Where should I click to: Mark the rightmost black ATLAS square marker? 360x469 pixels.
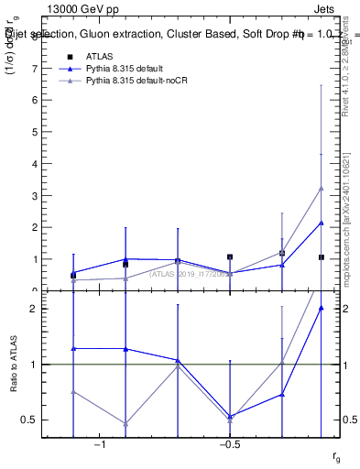point(321,257)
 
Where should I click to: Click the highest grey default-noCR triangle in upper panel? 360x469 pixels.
point(321,188)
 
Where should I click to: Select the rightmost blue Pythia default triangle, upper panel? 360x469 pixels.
point(321,223)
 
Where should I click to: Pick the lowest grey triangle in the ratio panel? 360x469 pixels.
point(125,424)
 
